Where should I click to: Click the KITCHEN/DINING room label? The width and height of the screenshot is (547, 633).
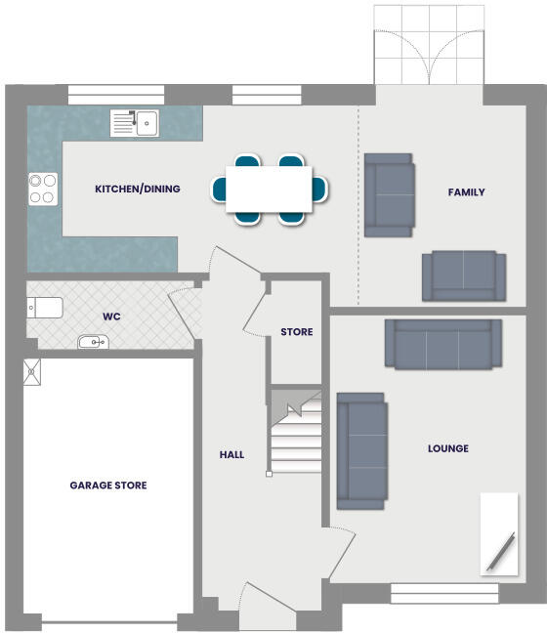[x=137, y=189]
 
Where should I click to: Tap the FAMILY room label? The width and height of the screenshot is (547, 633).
[x=466, y=192]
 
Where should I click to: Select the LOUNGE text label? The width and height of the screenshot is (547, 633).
[x=447, y=448]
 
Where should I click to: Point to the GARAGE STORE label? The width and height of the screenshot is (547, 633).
[x=108, y=485]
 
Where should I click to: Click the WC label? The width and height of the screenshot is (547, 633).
[x=111, y=316]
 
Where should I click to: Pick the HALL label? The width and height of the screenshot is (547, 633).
[x=231, y=454]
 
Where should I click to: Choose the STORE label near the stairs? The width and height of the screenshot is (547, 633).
[x=297, y=332]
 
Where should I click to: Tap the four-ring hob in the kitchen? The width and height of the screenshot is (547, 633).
[x=43, y=188]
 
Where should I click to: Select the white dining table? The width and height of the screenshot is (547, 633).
[x=269, y=189]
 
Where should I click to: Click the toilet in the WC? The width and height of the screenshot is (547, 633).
[x=45, y=309]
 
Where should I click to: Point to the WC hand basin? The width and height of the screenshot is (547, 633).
[x=93, y=342]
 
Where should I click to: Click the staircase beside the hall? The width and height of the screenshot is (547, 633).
[x=296, y=435]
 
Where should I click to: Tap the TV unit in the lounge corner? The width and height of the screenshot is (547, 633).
[x=500, y=533]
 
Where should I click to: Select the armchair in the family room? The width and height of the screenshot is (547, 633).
[x=389, y=195]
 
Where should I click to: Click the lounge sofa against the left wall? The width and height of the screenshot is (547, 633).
[x=361, y=451]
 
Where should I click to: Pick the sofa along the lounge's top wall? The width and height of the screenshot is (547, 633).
[x=443, y=344]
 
